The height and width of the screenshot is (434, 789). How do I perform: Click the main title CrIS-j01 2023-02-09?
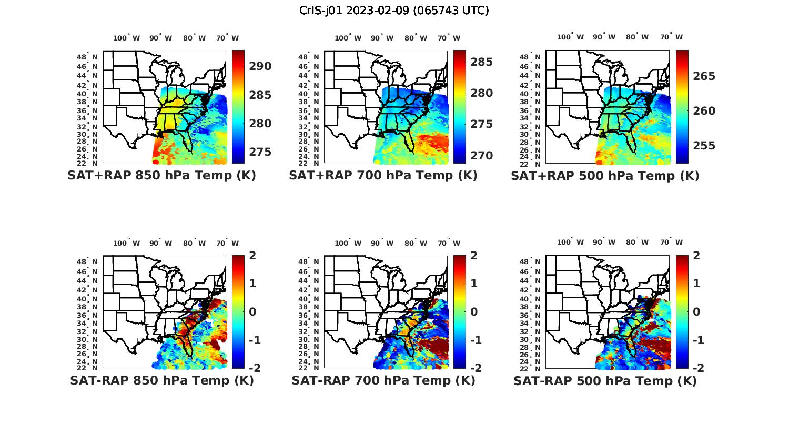[x=394, y=11]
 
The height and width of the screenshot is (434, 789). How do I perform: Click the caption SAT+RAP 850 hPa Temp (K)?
[x=161, y=176]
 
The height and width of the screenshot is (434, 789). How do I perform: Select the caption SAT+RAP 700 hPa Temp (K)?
[x=383, y=176]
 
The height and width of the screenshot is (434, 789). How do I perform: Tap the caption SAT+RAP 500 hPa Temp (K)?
[x=605, y=176]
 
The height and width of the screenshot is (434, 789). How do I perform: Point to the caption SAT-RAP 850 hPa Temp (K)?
[x=161, y=380]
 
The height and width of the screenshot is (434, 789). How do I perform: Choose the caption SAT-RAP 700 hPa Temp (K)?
[x=383, y=380]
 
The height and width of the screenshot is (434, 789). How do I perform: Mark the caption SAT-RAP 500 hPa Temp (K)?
[x=605, y=380]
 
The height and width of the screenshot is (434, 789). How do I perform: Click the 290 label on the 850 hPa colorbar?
[x=260, y=66]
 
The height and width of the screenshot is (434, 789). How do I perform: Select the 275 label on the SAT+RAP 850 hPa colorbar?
[x=260, y=152]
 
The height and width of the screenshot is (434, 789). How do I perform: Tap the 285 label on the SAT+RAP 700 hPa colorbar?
[x=481, y=62]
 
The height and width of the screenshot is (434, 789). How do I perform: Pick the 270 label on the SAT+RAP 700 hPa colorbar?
[x=481, y=156]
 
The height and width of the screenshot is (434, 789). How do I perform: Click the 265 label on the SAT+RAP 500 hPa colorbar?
[x=704, y=76]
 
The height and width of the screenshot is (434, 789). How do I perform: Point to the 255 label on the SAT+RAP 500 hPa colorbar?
[x=704, y=146]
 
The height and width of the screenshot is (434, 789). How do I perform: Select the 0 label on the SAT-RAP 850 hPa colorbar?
[x=252, y=312]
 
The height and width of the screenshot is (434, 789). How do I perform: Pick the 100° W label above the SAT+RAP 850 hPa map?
[x=127, y=38]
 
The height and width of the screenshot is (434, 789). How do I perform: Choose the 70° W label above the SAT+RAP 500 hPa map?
[x=671, y=37]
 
